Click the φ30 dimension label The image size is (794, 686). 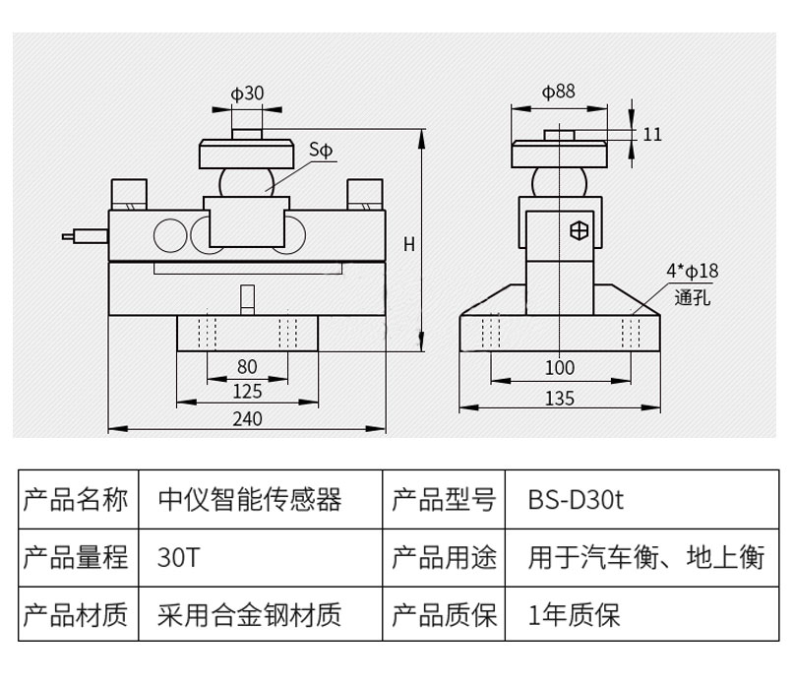[247, 94]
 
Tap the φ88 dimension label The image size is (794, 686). [558, 92]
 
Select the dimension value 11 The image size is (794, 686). [653, 134]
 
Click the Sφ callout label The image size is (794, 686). [322, 150]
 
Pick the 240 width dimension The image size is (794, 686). [248, 417]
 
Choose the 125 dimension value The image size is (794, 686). [248, 391]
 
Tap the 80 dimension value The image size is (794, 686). [248, 366]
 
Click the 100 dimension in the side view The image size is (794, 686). [559, 367]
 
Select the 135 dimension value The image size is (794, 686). [559, 398]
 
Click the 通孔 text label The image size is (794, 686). [692, 295]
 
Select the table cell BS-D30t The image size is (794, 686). [576, 501]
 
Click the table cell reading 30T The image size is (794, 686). [178, 558]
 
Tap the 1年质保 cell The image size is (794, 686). [575, 616]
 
